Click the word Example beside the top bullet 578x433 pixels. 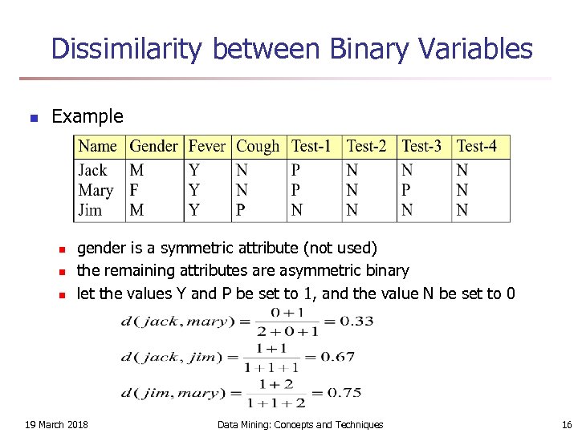[87, 116]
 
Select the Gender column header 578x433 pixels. [153, 147]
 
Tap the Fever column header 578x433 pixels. [206, 147]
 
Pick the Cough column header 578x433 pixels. [258, 147]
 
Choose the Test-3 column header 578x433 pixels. [421, 147]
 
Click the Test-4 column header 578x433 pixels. [477, 147]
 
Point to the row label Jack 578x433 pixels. [92, 170]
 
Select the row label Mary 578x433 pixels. [96, 190]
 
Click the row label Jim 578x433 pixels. [90, 210]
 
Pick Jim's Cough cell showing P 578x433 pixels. [241, 210]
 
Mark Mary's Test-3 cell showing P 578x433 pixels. [406, 190]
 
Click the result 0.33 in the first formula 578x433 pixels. [356, 322]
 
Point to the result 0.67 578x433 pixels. [337, 358]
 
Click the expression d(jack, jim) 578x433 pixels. [169, 358]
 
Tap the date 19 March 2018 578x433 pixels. [57, 424]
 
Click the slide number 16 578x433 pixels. [566, 424]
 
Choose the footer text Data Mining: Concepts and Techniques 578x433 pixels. [300, 424]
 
